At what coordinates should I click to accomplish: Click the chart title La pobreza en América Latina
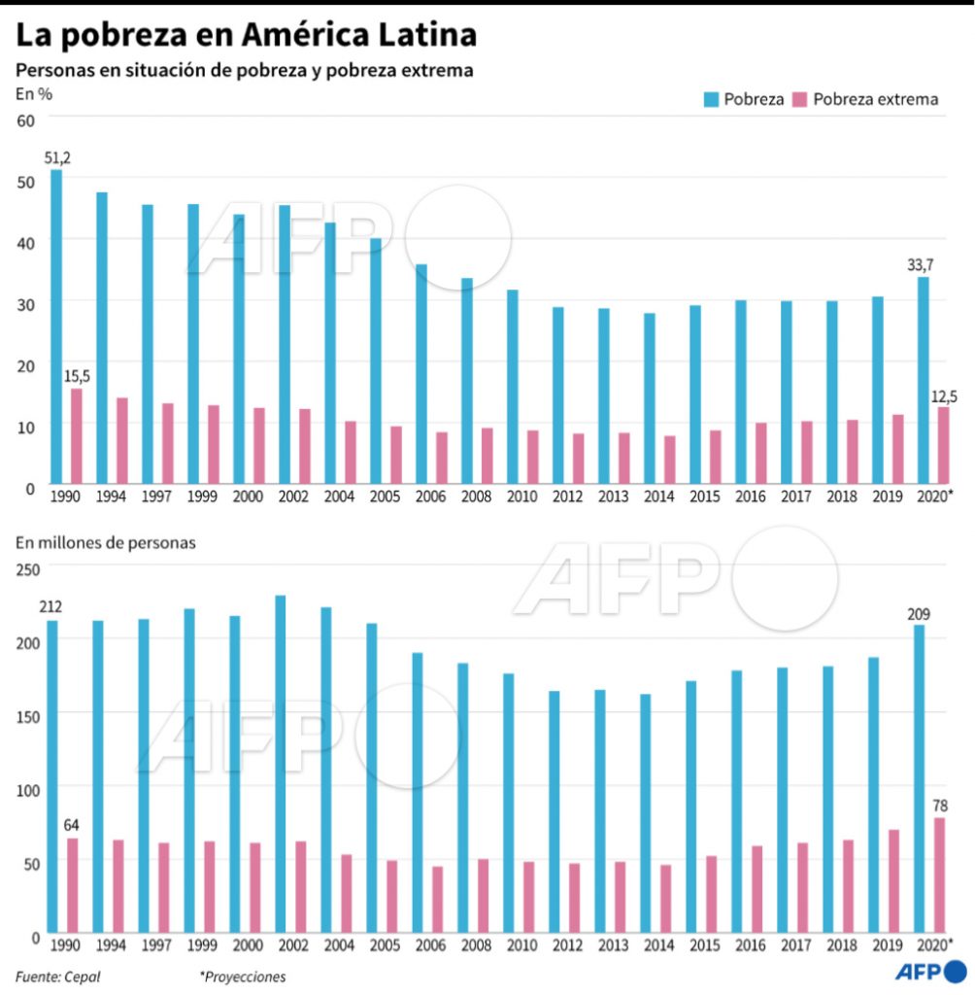[245, 35]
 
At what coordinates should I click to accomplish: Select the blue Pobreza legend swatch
[711, 99]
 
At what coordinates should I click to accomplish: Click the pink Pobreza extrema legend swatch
[800, 99]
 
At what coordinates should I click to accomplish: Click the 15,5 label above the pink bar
[78, 375]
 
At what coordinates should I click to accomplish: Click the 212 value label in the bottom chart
[50, 607]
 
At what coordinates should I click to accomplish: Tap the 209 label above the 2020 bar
[919, 613]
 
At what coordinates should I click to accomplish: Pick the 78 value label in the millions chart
[940, 805]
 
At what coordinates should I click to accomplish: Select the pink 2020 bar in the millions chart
[939, 875]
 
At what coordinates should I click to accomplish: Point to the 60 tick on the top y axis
[25, 120]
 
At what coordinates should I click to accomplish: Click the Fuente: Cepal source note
[57, 977]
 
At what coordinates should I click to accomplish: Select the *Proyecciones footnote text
[243, 977]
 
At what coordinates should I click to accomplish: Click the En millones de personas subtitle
[106, 542]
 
